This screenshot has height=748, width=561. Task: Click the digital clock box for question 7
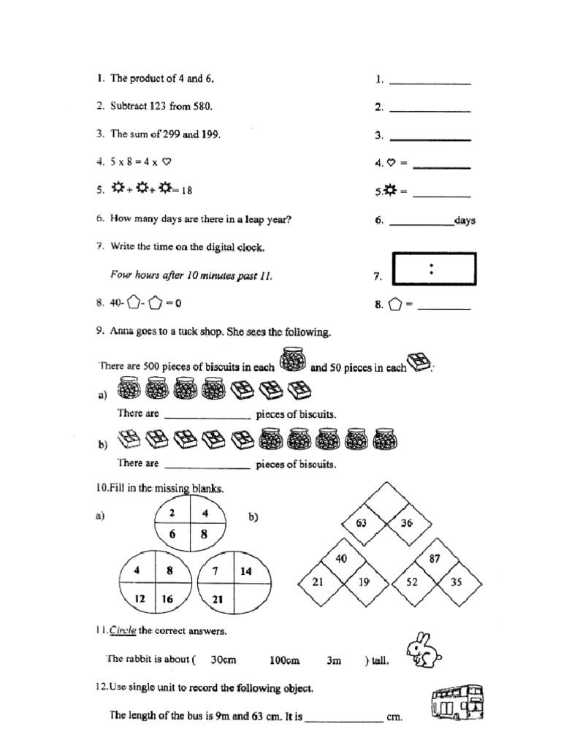[434, 268]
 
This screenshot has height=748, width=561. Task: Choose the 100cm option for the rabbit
[285, 660]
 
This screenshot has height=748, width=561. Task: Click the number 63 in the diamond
[361, 522]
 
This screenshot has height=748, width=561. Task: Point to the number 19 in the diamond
[364, 581]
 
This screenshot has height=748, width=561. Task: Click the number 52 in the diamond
[413, 581]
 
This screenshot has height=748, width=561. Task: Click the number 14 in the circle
[245, 571]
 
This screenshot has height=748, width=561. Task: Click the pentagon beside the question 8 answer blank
[394, 306]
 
